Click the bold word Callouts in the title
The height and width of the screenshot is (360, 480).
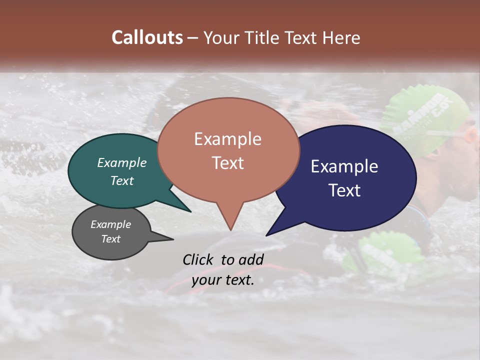[x=147, y=37]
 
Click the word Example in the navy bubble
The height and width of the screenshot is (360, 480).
[x=344, y=166]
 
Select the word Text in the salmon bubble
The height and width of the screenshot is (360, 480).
[x=228, y=163]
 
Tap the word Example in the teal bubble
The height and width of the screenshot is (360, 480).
[x=122, y=162]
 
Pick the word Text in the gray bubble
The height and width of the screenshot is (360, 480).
[x=111, y=239]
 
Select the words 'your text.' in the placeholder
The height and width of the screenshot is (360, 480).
[x=223, y=280]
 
